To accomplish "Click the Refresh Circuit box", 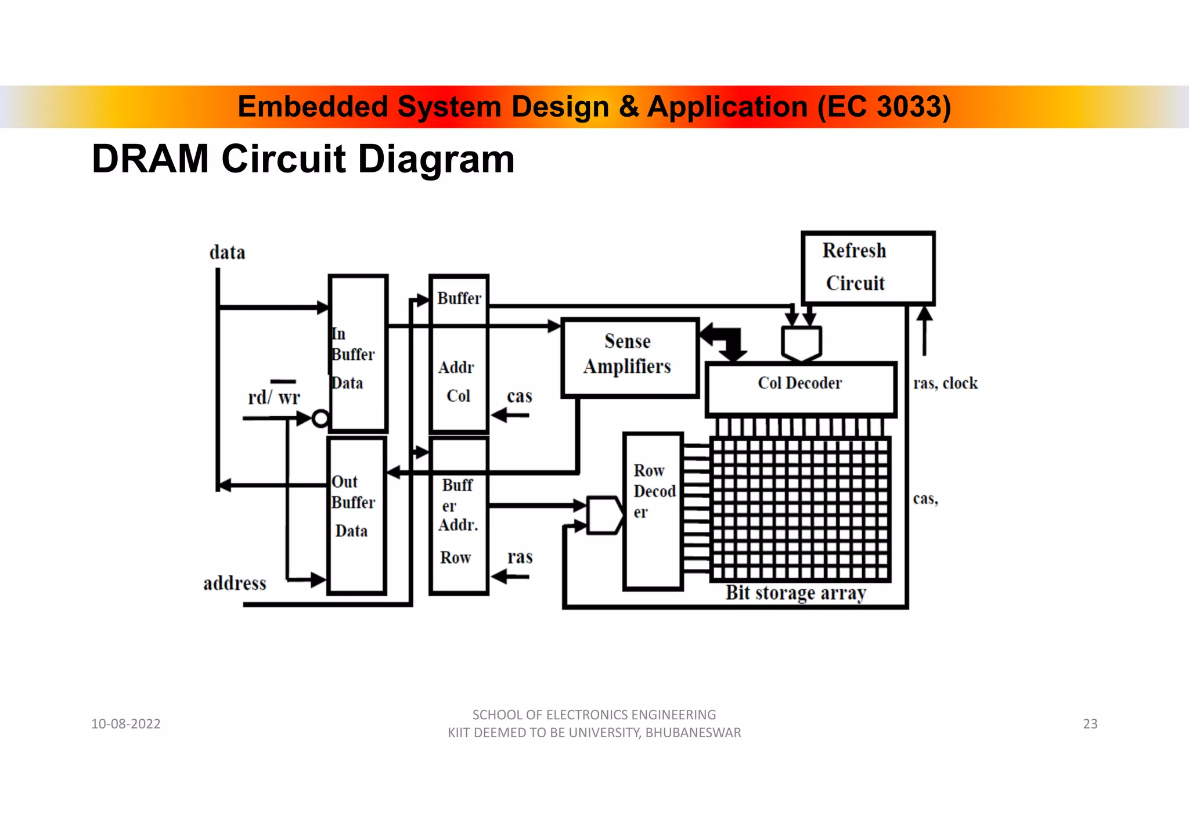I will pyautogui.click(x=868, y=268).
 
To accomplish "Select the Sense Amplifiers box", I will pyautogui.click(x=629, y=357).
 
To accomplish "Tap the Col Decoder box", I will pyautogui.click(x=801, y=388).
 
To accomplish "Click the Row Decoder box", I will pyautogui.click(x=653, y=511).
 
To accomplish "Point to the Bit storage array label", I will pyautogui.click(x=795, y=593).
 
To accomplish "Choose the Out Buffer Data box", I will pyautogui.click(x=356, y=515).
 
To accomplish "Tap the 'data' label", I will pyautogui.click(x=227, y=253).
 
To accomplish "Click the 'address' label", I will pyautogui.click(x=235, y=583).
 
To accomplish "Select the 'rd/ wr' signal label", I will pyautogui.click(x=274, y=398).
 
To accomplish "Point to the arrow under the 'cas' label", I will pyautogui.click(x=510, y=415).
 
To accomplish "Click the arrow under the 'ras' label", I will pyautogui.click(x=510, y=576).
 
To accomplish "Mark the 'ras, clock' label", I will pyautogui.click(x=945, y=383).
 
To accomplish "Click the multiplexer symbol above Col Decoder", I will pyautogui.click(x=801, y=343).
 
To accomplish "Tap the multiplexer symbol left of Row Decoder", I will pyautogui.click(x=604, y=515).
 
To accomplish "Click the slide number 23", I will pyautogui.click(x=1090, y=723).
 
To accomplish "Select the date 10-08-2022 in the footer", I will pyautogui.click(x=126, y=723).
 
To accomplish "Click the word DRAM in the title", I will pyautogui.click(x=150, y=159).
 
